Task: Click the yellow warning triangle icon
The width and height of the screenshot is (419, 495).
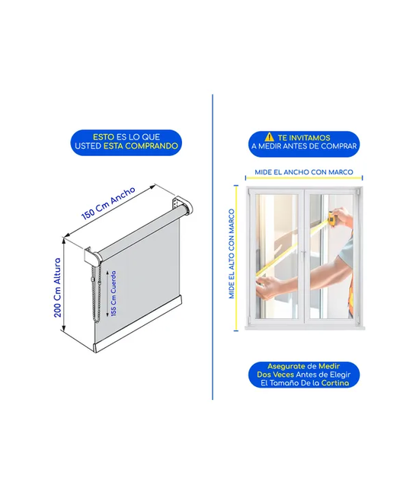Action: [x=270, y=137]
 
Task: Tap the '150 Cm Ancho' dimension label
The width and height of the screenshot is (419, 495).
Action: [x=108, y=203]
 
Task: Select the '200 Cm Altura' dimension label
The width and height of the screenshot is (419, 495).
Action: [x=57, y=288]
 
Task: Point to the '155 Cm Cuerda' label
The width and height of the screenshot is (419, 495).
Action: [x=114, y=293]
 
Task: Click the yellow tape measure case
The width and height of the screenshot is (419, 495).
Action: [x=332, y=218]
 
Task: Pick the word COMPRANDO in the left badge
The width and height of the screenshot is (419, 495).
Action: [x=152, y=146]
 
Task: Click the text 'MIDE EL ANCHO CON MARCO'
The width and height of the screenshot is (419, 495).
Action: [x=304, y=172]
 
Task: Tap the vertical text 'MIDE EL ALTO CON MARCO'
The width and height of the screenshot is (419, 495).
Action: [x=232, y=254]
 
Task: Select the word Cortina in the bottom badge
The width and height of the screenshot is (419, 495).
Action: [x=335, y=383]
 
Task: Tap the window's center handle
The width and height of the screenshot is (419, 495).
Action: [x=304, y=254]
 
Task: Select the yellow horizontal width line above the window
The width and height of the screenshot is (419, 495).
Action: [x=304, y=178]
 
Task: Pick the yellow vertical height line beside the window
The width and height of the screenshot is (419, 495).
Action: [x=236, y=258]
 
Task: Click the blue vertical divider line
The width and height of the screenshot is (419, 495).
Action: [x=213, y=247]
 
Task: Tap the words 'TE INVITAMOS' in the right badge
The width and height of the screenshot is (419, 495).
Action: [x=304, y=138]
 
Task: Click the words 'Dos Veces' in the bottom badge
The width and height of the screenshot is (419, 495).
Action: [x=275, y=375]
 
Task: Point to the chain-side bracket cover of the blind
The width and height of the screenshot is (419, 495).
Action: [x=92, y=255]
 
